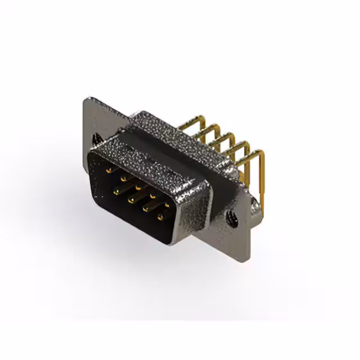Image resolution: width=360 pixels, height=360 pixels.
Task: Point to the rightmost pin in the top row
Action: click(167, 204)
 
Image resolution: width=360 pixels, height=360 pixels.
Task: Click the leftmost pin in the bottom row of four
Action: click(116, 192)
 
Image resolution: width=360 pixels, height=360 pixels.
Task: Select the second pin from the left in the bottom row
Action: click(130, 201)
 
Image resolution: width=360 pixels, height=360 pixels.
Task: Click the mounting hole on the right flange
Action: click(230, 216)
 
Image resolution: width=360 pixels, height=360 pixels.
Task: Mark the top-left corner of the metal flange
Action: click(85, 100)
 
